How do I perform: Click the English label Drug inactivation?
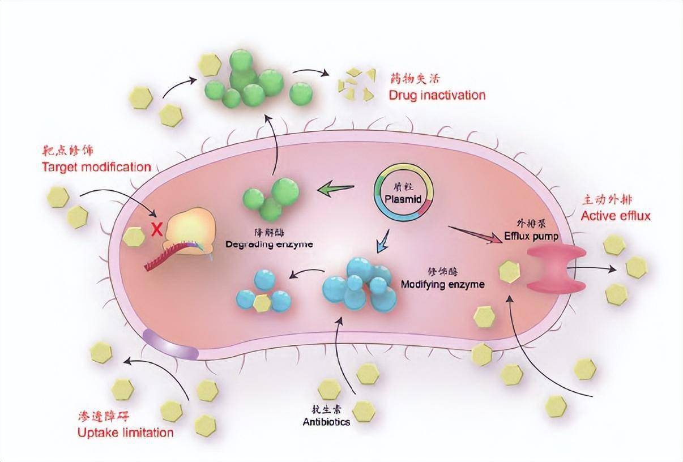pos(437,95)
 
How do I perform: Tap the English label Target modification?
pos(96,167)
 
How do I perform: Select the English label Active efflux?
pos(616,216)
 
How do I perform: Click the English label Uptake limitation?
pos(125,433)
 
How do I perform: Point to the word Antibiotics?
pos(326,422)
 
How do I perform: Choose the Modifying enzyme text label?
pos(442,284)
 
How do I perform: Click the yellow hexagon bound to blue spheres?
pos(262,303)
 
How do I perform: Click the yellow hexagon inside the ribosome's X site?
pos(134,237)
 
